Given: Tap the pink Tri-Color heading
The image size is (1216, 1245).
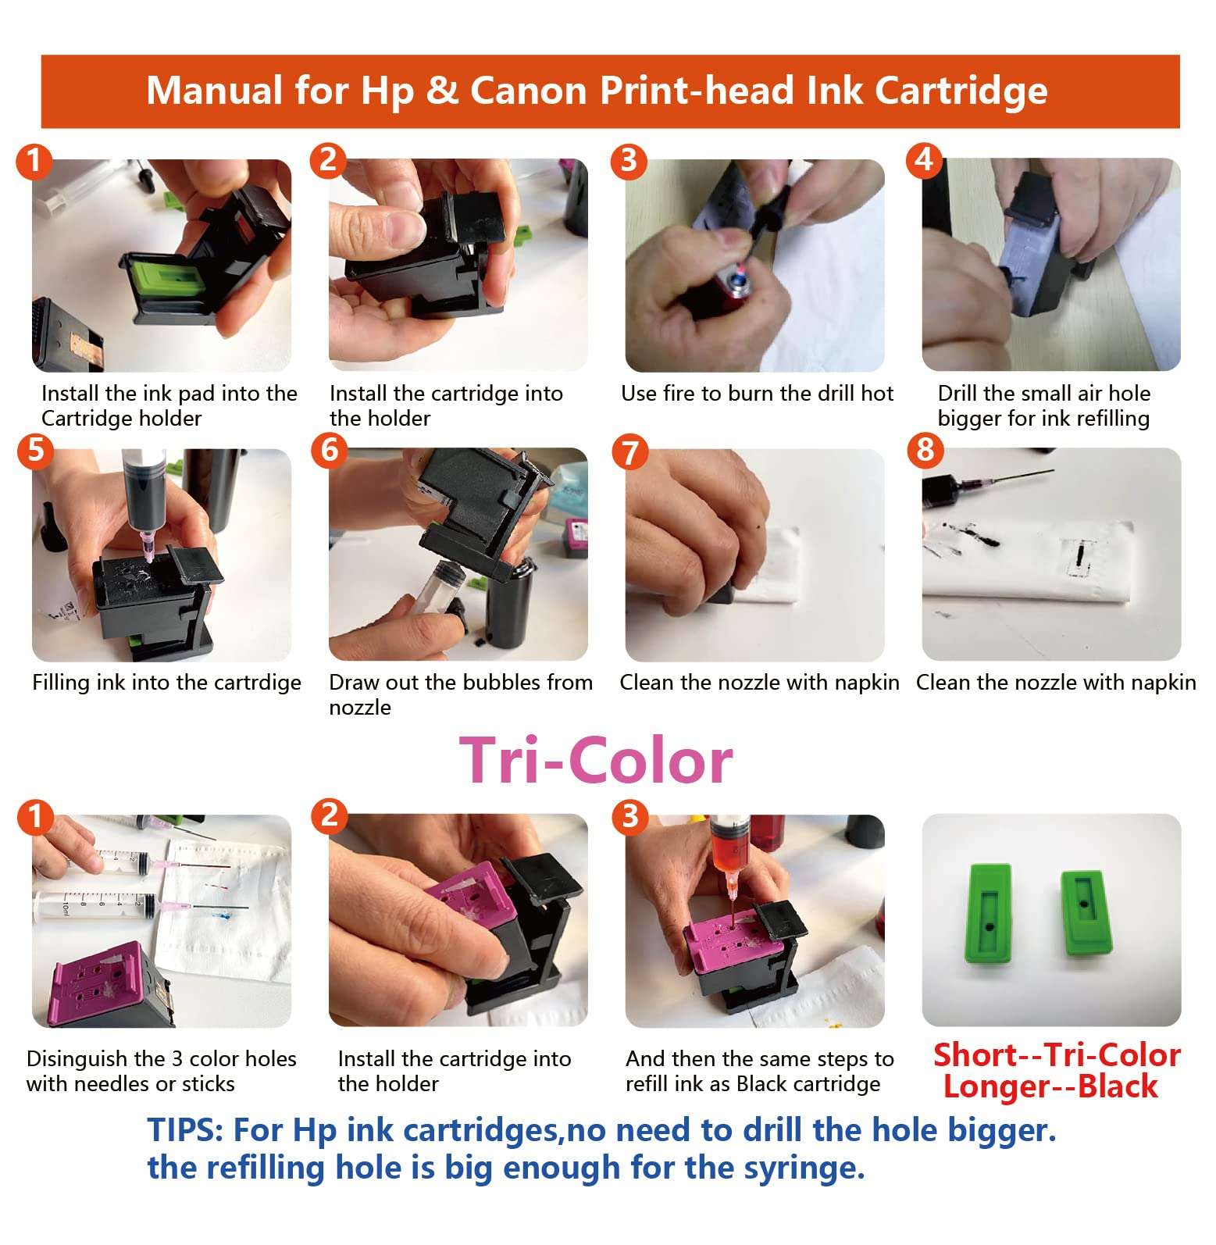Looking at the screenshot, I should [596, 761].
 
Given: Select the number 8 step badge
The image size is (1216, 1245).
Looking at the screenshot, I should [925, 450].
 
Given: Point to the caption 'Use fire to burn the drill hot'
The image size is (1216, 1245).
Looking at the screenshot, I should [757, 394].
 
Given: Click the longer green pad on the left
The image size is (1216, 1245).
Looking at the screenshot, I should [988, 914].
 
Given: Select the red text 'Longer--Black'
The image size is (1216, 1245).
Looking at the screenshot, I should [1050, 1087].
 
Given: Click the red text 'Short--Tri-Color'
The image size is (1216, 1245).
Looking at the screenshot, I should [1056, 1055].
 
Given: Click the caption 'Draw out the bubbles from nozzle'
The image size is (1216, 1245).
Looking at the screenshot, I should [460, 694].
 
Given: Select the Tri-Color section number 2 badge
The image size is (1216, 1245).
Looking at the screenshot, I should [329, 815].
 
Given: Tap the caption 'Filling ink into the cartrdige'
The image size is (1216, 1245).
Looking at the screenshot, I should [166, 683].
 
